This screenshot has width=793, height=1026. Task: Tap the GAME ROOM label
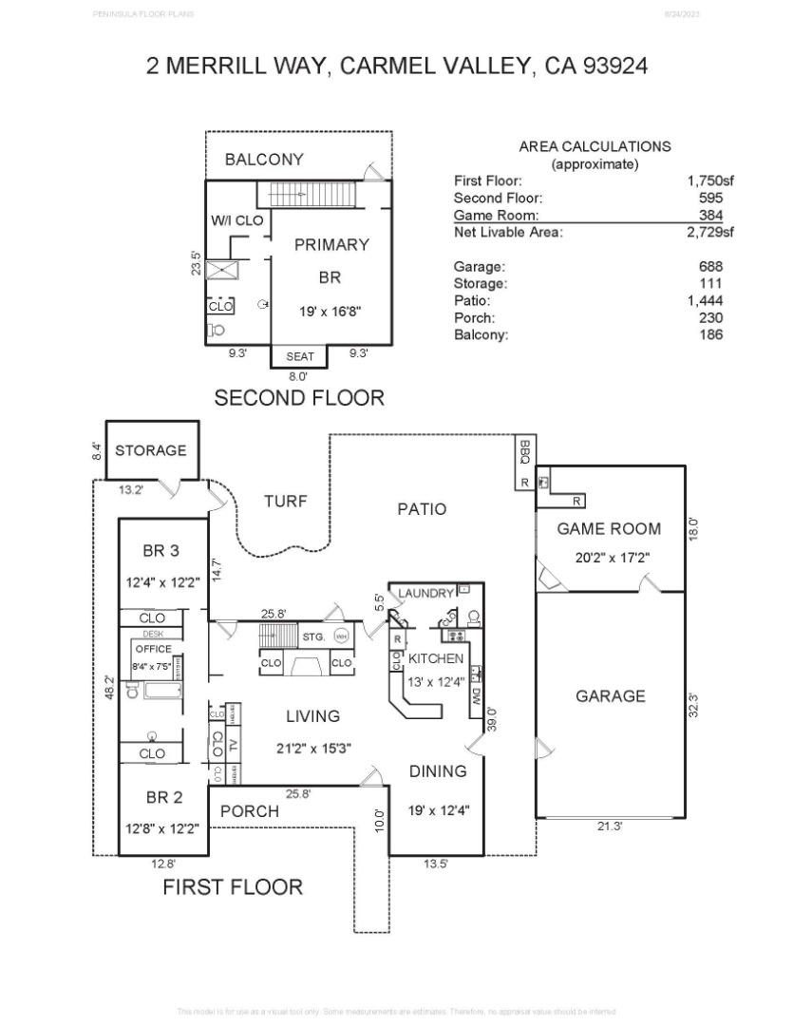pos(609,529)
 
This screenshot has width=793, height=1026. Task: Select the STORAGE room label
pos(151,450)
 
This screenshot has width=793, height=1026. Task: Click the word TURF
pos(286,501)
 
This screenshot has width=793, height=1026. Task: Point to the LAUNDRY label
pos(426,593)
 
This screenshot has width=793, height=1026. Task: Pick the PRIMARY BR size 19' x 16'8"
pos(330,311)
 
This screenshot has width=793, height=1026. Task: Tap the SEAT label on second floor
pos(300,357)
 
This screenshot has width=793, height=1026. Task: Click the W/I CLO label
pos(237,220)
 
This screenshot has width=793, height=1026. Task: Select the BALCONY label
pos(264,160)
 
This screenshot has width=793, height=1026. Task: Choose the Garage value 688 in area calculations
pos(710,267)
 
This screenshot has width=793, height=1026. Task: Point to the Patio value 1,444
pos(705,301)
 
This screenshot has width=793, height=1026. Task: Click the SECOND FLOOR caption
pos(299,398)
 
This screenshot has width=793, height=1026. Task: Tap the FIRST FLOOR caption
pos(233,887)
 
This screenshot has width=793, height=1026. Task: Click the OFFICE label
pos(154,649)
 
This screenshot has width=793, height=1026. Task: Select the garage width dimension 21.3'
pos(610,827)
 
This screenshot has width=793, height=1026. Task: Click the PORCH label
pos(250,811)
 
